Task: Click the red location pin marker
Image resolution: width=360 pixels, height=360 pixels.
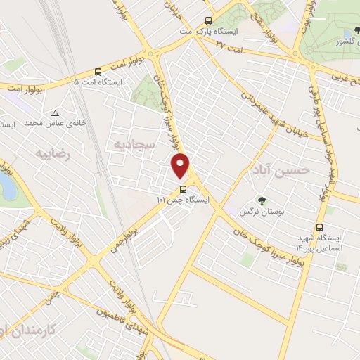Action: click(x=181, y=165)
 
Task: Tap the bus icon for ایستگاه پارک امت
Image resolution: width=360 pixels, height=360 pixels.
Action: click(x=207, y=20)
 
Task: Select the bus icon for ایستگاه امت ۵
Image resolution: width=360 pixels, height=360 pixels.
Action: click(x=98, y=71)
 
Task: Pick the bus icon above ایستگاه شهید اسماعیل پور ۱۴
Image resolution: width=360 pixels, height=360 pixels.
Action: click(x=320, y=227)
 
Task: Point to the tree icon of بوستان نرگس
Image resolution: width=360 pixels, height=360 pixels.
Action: click(x=262, y=200)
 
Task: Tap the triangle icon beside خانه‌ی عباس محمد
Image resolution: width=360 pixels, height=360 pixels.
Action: click(x=55, y=112)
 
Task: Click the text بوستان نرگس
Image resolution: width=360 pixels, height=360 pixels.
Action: click(x=257, y=212)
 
